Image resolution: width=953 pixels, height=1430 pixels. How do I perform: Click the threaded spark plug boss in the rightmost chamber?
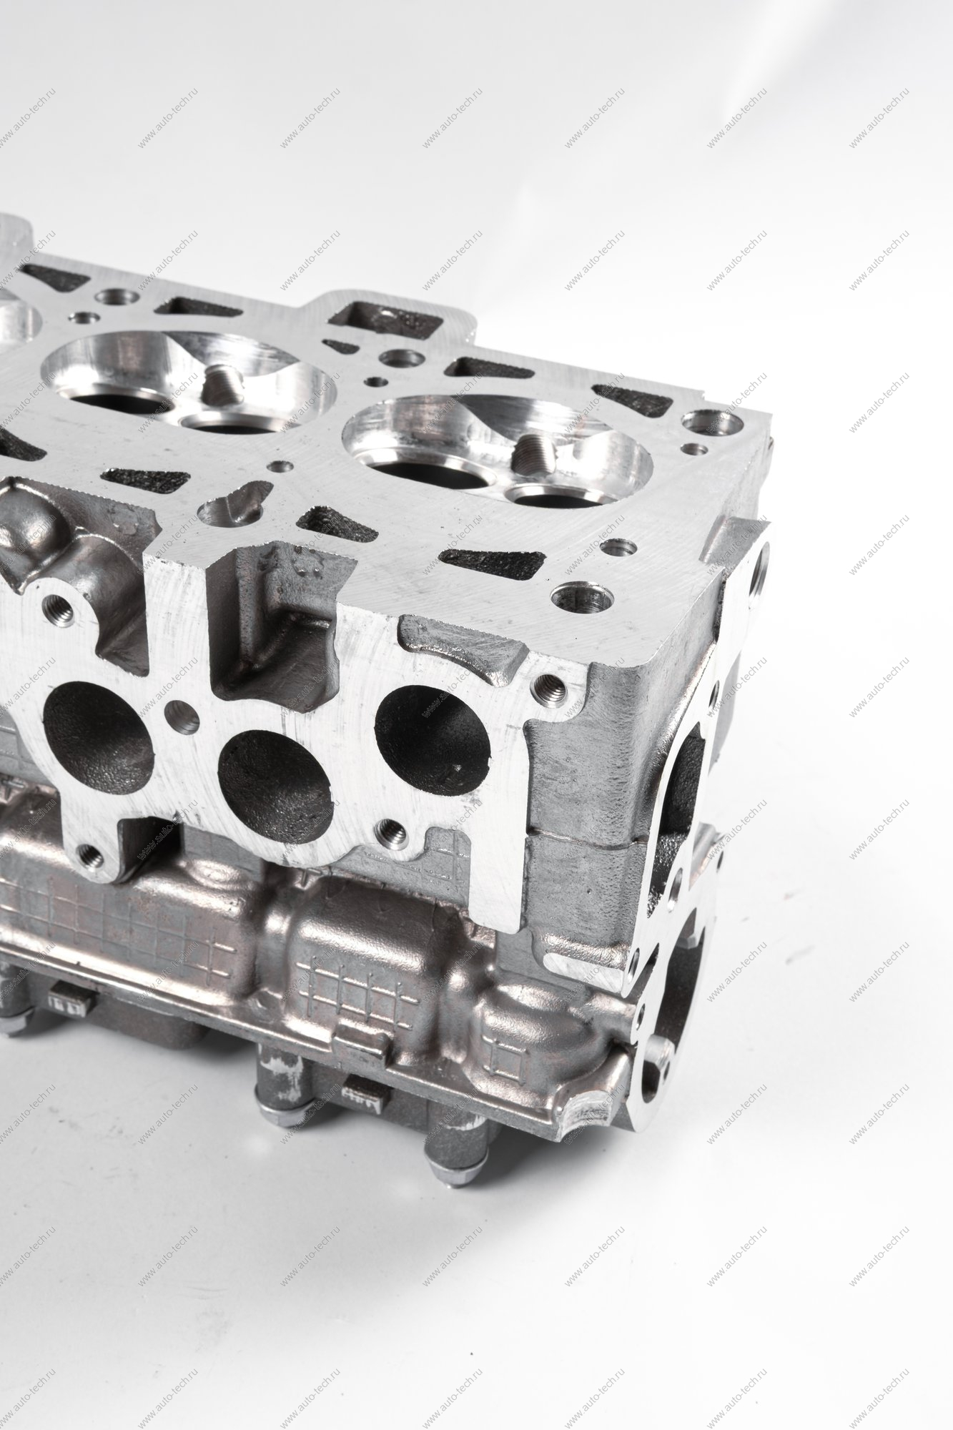point(533,449)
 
